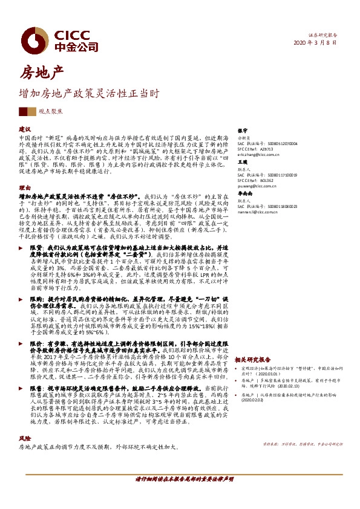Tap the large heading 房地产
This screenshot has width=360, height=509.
(42, 74)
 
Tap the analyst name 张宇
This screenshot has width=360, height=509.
(243, 130)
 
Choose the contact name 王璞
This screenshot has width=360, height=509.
(243, 163)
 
